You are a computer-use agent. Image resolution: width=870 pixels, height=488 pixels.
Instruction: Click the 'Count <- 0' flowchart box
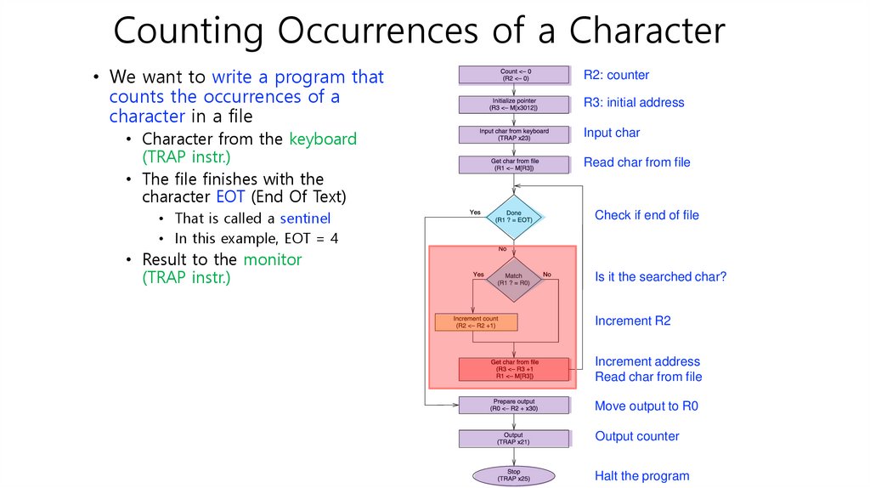click(x=514, y=75)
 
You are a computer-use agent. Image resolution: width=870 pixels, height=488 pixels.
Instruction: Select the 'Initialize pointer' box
click(x=514, y=105)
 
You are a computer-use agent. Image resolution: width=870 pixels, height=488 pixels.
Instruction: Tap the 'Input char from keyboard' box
click(x=514, y=134)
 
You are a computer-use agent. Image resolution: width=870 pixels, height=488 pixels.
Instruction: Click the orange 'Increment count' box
click(x=476, y=322)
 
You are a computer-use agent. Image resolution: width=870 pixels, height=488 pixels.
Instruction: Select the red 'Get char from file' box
click(x=514, y=369)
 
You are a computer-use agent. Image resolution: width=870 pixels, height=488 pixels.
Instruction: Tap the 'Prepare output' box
click(x=514, y=405)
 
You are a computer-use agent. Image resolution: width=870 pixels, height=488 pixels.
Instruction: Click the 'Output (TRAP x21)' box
click(x=514, y=439)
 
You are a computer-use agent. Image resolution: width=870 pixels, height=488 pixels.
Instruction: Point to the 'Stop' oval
click(x=514, y=474)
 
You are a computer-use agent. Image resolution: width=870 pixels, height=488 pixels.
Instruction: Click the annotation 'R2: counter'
click(x=616, y=76)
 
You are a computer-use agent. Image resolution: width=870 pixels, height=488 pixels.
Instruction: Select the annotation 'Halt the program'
click(x=641, y=476)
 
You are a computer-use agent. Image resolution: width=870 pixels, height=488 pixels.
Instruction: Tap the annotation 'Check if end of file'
click(x=647, y=215)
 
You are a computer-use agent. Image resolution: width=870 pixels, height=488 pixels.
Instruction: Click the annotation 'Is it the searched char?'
click(x=660, y=276)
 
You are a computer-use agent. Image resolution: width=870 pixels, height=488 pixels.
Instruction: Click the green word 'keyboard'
click(x=323, y=139)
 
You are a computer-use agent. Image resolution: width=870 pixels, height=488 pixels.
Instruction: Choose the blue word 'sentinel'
click(x=305, y=218)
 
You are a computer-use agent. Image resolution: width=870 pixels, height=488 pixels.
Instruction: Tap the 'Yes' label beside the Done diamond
click(x=475, y=212)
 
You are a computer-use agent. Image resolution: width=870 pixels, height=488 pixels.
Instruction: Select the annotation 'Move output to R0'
click(x=646, y=406)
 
